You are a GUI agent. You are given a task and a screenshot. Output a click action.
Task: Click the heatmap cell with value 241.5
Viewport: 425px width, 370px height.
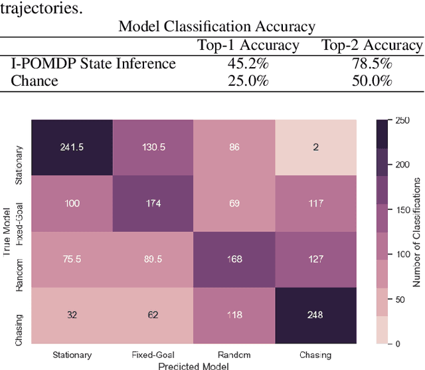tap(72, 147)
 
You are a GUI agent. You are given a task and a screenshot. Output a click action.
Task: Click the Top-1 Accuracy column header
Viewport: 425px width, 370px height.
tap(248, 46)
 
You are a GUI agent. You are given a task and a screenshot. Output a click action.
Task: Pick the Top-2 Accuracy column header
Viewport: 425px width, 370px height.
tap(372, 46)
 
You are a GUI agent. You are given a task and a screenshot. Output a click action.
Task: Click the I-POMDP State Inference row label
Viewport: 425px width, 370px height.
tap(94, 64)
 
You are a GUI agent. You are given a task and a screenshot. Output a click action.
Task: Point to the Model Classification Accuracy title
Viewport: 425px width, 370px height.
tap(216, 27)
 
